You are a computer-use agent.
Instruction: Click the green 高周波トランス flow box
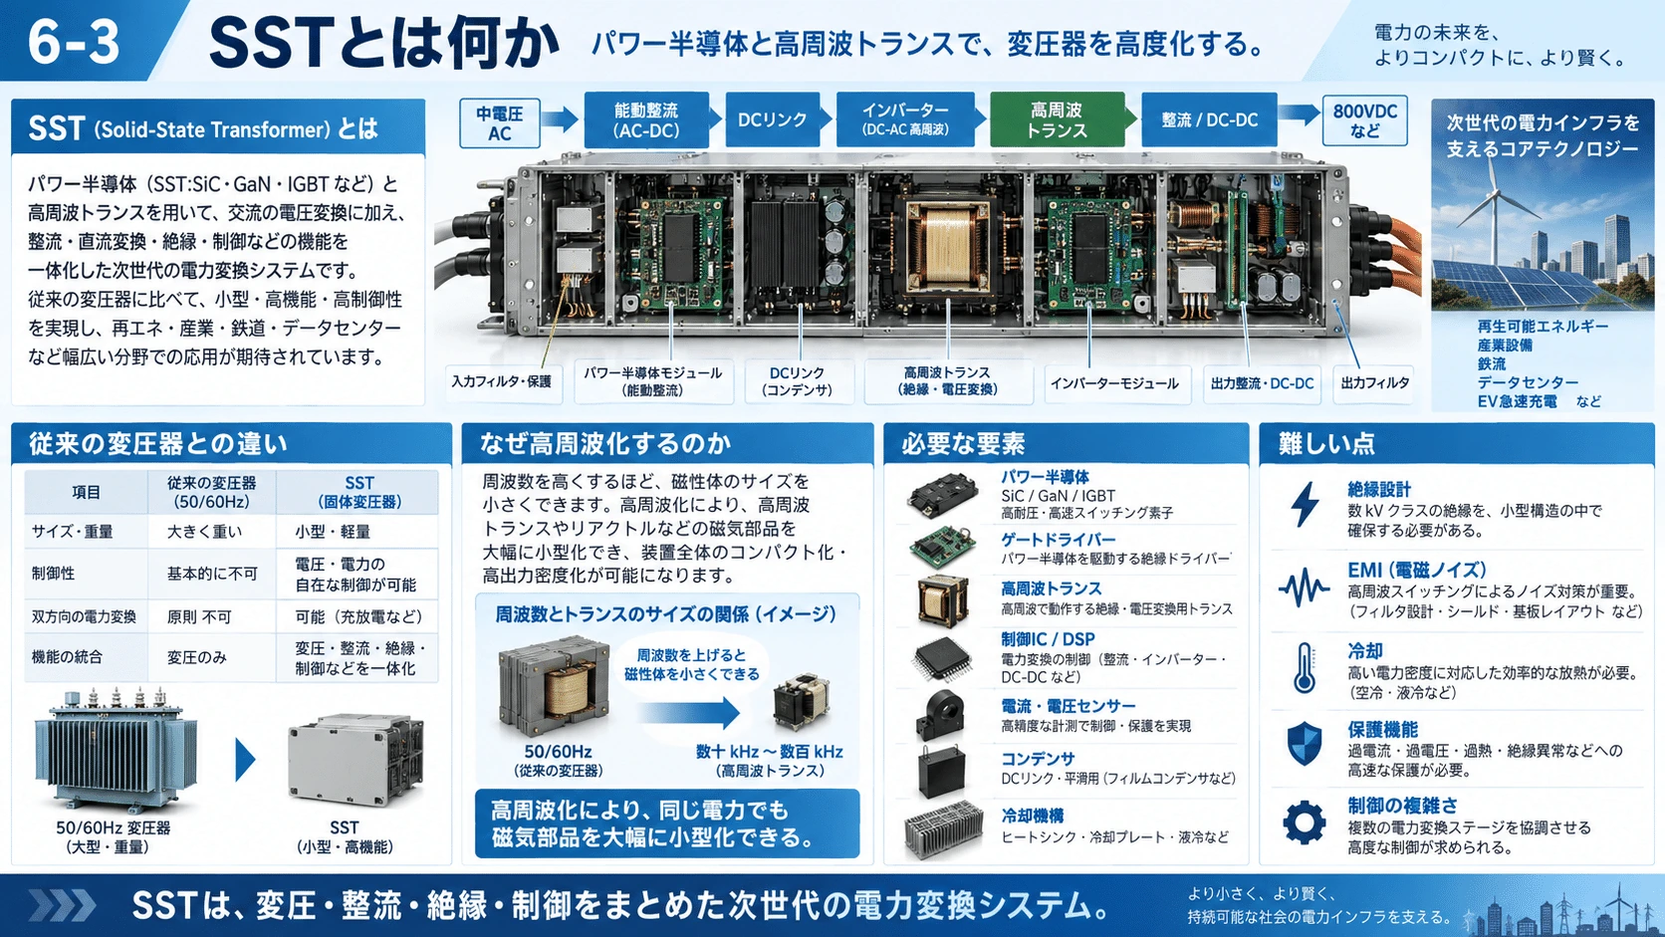click(1057, 119)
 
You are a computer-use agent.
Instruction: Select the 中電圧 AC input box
click(500, 123)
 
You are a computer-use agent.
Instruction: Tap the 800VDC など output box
click(1364, 120)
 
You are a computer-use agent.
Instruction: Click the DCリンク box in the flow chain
click(773, 119)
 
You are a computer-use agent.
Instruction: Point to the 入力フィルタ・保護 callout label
click(502, 382)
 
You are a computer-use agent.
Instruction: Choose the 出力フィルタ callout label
click(1374, 383)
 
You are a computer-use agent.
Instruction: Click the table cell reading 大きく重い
click(204, 532)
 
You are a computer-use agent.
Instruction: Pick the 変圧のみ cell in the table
click(196, 657)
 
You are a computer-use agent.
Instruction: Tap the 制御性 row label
click(54, 574)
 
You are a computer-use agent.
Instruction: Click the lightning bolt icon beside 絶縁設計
click(1306, 505)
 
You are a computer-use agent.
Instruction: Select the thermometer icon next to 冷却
click(1305, 669)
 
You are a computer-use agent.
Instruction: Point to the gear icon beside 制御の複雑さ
click(1305, 822)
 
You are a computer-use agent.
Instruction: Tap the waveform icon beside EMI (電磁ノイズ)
click(1304, 588)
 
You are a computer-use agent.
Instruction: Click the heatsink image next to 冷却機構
click(942, 829)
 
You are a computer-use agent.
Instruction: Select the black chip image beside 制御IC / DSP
click(942, 658)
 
